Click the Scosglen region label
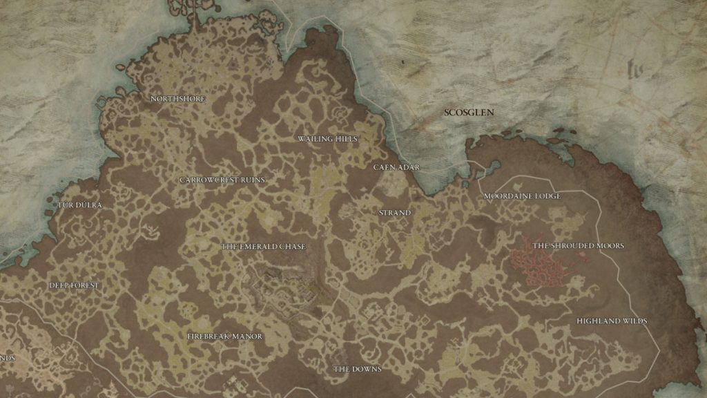coord(469,112)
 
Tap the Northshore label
coord(177,99)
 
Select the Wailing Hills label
coord(328,139)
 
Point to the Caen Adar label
coord(396,167)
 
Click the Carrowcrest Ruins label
coord(222,180)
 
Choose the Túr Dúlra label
coord(79,205)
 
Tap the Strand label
coord(395,213)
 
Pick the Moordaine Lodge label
coord(522,196)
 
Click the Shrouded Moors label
coord(578,246)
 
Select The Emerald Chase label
coord(263,247)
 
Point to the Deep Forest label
coord(74,285)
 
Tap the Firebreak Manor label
coord(225,337)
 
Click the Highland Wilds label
coord(612,321)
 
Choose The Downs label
coord(357,369)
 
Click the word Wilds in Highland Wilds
coord(633,321)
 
